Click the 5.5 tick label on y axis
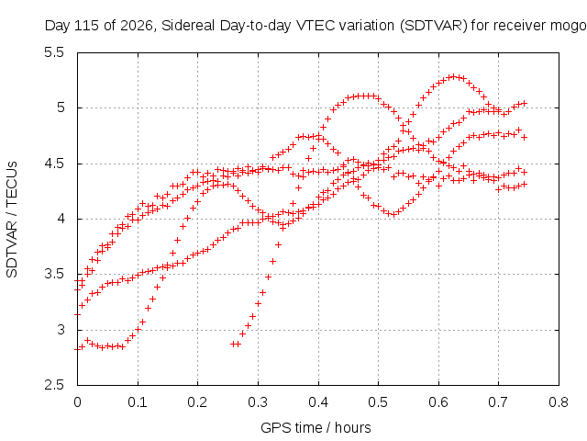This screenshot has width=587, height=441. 54,52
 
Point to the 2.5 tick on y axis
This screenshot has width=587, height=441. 54,385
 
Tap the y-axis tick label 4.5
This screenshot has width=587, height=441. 54,164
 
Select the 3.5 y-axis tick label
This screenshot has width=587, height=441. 54,274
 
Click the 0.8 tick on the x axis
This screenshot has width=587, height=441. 559,402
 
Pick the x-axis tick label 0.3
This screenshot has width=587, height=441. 258,402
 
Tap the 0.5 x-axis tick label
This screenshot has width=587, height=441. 378,402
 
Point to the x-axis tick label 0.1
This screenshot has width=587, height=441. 138,402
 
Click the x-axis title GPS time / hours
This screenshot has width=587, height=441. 316,428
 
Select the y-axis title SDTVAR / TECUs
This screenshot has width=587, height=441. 12,220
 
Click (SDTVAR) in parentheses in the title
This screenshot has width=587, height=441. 434,26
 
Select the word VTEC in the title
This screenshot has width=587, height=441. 314,26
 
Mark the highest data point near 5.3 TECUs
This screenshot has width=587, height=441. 454,76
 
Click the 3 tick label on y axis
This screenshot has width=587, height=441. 61,330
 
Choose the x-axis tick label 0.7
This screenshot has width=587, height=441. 498,402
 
